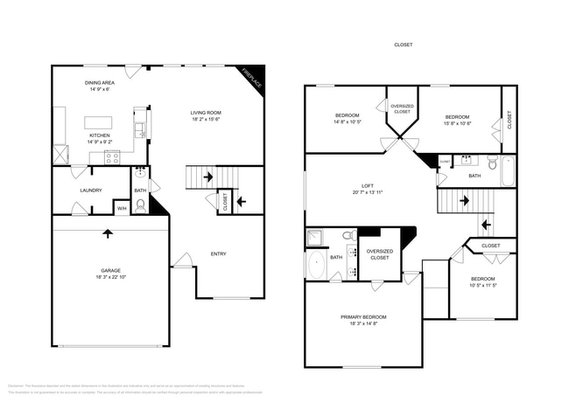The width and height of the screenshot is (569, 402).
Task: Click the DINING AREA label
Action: click(x=100, y=83)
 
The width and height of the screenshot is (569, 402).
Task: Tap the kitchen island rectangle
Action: click(x=102, y=122)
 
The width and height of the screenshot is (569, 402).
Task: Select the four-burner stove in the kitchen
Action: click(x=112, y=157)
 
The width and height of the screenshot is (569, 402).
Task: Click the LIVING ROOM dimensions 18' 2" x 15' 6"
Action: click(x=207, y=120)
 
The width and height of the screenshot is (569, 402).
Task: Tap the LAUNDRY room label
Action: click(x=90, y=191)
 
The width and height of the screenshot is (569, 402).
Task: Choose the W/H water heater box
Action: click(x=122, y=208)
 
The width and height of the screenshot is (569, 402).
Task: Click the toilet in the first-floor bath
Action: click(x=140, y=206)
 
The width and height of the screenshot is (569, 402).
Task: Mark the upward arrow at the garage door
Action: click(x=107, y=233)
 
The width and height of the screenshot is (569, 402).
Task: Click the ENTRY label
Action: click(x=218, y=254)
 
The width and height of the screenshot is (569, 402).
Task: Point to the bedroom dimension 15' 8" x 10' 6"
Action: click(x=457, y=124)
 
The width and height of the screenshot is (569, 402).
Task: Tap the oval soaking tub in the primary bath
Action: click(x=316, y=266)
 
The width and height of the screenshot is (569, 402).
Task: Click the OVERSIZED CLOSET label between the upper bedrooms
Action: click(x=402, y=109)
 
